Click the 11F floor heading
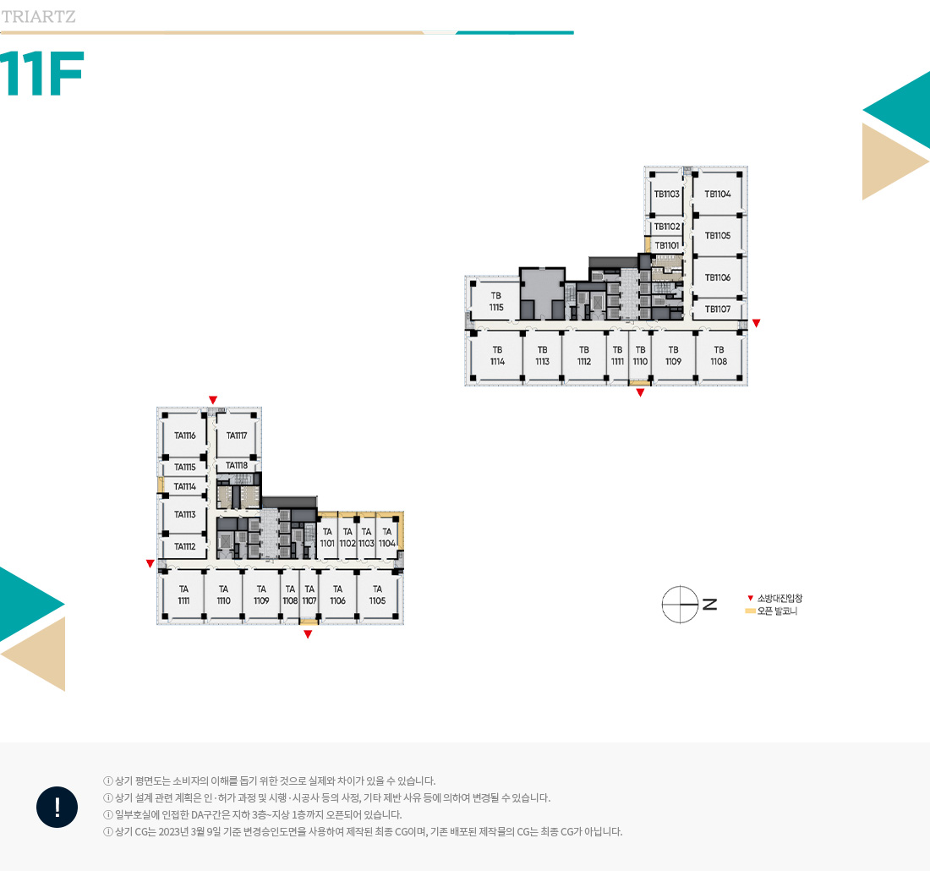42,73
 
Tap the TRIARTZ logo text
39,17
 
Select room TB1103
667,194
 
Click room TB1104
718,194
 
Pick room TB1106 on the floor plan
718,277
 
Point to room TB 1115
496,301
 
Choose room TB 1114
497,355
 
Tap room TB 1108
719,355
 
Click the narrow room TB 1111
617,355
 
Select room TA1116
184,435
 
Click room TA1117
236,435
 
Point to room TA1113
184,514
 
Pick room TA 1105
377,594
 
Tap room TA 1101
327,538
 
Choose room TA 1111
183,594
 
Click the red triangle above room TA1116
213,401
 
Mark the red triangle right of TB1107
756,323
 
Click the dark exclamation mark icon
57,807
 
